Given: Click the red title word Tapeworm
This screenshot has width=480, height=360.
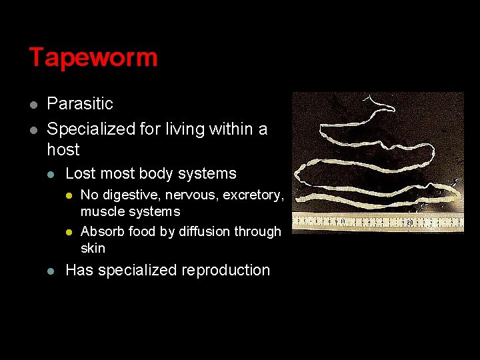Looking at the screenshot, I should click(x=93, y=57).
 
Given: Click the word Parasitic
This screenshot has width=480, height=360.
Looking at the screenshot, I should click(x=80, y=104).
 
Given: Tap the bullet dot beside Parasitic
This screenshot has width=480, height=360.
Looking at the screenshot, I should click(x=33, y=105).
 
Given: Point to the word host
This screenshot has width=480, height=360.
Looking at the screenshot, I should click(x=63, y=149).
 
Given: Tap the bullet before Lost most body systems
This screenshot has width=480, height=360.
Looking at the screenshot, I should click(x=52, y=175).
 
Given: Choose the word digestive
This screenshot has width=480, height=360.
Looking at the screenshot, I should click(x=131, y=195).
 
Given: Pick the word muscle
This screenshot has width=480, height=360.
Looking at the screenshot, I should click(x=101, y=212).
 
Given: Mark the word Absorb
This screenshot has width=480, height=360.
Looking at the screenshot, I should click(x=101, y=232).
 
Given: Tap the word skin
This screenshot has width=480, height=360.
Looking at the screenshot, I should click(x=93, y=248).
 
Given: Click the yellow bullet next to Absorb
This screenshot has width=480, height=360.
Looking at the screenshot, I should click(x=68, y=232).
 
